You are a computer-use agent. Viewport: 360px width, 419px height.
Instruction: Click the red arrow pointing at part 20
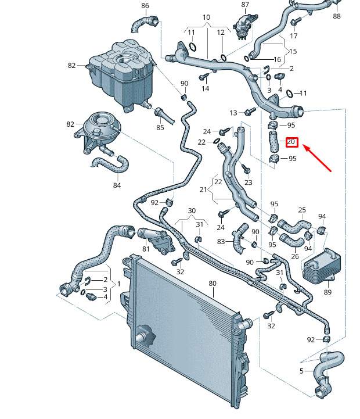tap(317, 159)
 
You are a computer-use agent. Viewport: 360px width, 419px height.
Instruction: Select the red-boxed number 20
tap(291, 141)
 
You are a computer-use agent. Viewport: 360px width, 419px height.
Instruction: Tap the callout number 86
tap(145, 6)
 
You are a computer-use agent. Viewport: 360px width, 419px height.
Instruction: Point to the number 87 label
tap(245, 5)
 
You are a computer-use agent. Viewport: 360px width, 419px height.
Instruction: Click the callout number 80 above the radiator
tap(213, 284)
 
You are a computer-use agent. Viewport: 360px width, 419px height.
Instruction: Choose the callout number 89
tap(328, 292)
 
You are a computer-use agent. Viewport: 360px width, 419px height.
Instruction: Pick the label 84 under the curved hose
tap(117, 185)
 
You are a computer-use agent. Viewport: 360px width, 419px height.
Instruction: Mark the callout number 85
tap(160, 127)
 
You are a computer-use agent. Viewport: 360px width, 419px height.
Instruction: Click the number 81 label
tap(146, 249)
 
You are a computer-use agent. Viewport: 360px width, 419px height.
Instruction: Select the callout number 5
tap(301, 371)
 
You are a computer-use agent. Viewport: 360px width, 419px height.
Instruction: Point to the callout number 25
tap(302, 210)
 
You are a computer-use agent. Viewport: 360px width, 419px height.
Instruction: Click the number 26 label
tap(295, 256)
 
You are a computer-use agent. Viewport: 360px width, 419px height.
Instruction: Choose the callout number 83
tap(221, 242)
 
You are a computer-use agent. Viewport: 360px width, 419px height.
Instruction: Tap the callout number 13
tap(233, 112)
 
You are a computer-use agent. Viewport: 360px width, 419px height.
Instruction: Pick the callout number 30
tap(192, 210)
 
